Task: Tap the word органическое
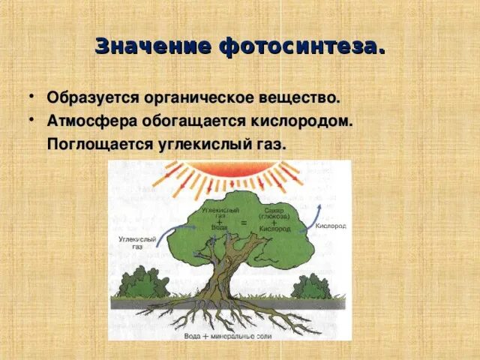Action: coord(200,97)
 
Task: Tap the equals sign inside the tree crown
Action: coord(243,223)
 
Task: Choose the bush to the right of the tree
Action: coord(310,286)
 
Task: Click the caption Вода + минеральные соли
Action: coord(225,336)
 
